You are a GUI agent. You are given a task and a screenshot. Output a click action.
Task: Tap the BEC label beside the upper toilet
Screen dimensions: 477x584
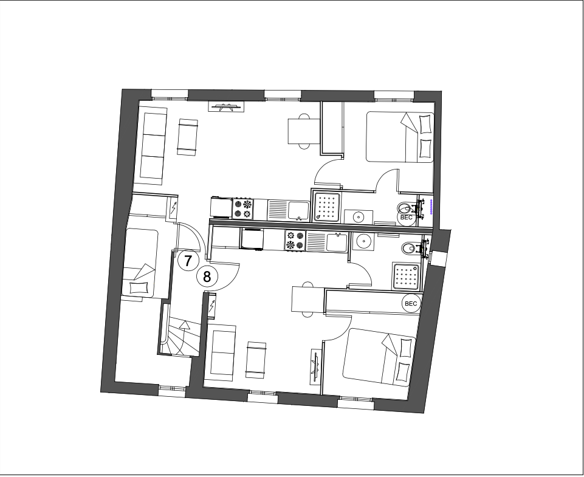pos(406,216)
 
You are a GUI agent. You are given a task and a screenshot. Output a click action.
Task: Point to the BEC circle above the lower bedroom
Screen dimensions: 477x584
pos(411,303)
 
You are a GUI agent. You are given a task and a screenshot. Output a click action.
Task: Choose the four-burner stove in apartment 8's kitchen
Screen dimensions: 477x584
pos(294,241)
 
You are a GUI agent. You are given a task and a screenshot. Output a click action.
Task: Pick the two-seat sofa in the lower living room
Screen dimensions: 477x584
pos(221,353)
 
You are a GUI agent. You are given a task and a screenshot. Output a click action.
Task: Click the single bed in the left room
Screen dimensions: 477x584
pos(141,263)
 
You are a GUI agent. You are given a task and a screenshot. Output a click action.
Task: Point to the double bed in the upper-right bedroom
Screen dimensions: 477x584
pos(399,137)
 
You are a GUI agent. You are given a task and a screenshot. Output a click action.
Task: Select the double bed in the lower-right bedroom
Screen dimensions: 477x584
pos(380,356)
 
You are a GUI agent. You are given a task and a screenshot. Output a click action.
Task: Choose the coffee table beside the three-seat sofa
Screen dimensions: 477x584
pos(188,136)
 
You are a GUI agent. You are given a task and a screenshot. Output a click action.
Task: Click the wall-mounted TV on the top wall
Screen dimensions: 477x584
pos(226,108)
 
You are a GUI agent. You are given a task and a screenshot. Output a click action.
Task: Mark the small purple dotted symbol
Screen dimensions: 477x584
pos(431,207)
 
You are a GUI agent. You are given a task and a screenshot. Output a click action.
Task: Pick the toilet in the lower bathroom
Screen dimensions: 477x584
pos(411,248)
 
